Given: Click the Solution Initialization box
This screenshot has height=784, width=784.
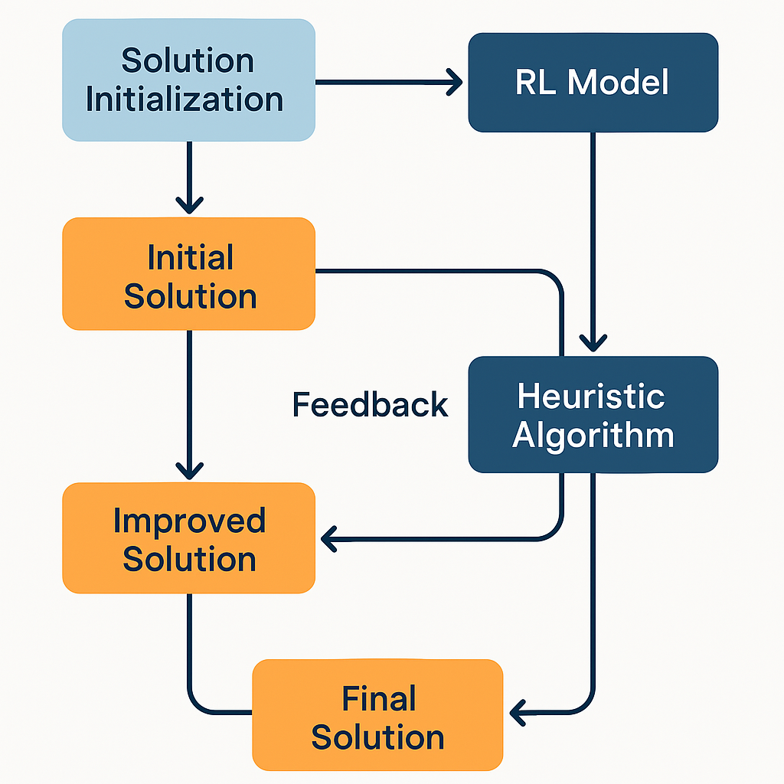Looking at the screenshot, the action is point(188,80).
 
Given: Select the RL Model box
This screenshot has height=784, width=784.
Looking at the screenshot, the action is point(593,83).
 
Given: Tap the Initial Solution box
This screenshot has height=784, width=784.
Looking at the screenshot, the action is point(188,273).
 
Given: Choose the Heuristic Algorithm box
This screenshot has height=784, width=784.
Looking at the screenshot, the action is point(593,414).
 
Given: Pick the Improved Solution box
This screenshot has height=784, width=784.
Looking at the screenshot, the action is point(188,538).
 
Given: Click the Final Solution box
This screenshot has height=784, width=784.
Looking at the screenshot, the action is point(377,715).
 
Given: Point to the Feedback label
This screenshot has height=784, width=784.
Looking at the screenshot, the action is point(370,404).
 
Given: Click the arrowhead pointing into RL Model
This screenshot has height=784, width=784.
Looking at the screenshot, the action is point(455,82).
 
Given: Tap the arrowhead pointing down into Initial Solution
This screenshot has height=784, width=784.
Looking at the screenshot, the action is point(190,206).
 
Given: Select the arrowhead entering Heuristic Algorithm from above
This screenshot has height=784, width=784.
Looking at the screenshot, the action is point(593,344).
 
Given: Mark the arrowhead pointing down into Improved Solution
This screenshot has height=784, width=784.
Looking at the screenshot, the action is point(190,471).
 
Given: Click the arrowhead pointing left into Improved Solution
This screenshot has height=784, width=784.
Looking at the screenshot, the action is point(328,539).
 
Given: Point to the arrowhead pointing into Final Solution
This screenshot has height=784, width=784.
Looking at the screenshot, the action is point(518,713).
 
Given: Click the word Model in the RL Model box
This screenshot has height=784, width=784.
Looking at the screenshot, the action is point(618,82).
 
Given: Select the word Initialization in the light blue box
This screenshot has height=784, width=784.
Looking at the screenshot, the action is point(185,99).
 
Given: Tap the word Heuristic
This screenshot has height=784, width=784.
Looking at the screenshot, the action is point(591,396).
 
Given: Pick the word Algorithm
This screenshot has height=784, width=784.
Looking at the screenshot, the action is point(593,436).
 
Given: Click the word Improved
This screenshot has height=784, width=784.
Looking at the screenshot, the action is point(190,521).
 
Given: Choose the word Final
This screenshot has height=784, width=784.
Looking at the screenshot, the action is point(378,698).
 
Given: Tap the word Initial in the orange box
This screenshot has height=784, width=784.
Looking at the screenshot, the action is point(191,257).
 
